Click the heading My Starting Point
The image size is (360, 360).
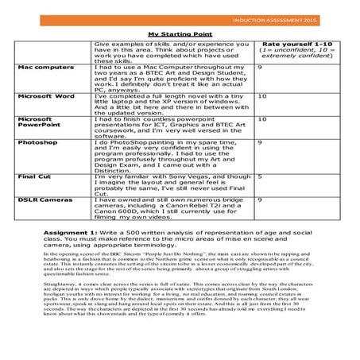pyautogui.click(x=180, y=34)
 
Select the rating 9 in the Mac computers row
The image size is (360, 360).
pyautogui.click(x=260, y=68)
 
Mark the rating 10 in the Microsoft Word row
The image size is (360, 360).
pyautogui.click(x=262, y=95)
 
